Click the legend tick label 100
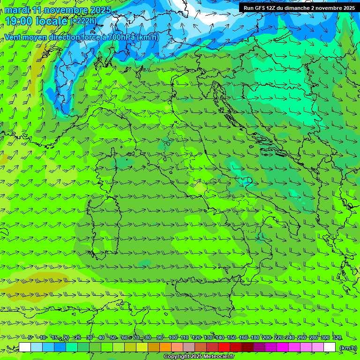pos(173,337)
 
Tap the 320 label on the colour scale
pos(337,337)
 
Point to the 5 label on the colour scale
pos(30,337)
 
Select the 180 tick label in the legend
pos(255,337)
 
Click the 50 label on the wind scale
pos(113,337)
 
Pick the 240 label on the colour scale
pos(290,337)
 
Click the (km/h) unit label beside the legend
pos(348,348)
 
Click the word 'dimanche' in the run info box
pos(301,8)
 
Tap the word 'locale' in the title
pos(51,21)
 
